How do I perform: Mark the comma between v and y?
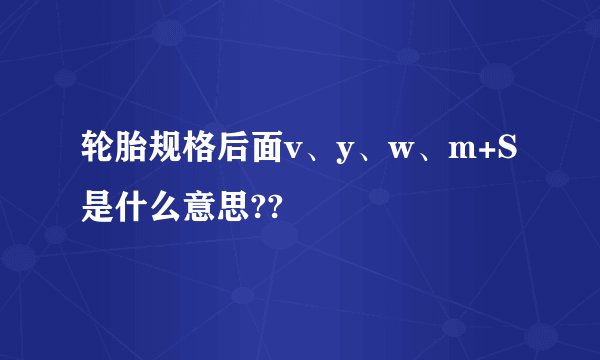click(x=315, y=158)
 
